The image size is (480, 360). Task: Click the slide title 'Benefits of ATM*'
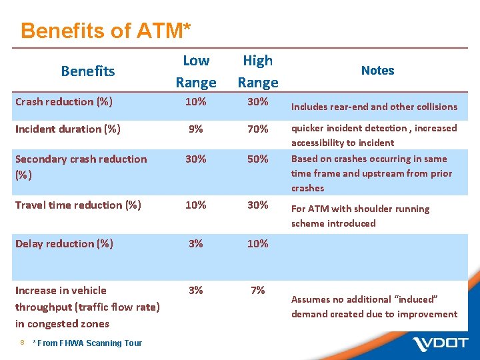pos(106,31)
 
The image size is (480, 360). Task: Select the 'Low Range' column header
pos(195,71)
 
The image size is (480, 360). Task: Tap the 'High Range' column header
pos(257,71)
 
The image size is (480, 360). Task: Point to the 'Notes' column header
pos(377,70)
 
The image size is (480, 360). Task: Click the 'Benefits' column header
pos(87,71)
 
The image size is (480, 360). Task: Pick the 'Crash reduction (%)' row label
pos(63,101)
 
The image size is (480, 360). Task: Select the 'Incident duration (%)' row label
pos(67,129)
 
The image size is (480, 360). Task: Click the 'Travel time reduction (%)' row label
pos(78,205)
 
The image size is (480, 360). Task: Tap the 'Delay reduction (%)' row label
pos(64,243)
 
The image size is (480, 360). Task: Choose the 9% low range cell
pos(195,129)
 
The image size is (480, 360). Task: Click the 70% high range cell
pos(257,129)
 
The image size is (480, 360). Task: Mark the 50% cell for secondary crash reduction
pos(257,159)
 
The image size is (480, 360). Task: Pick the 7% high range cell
pos(257,290)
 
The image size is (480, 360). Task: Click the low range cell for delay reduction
pos(195,243)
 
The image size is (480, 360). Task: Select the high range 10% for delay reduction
pos(257,243)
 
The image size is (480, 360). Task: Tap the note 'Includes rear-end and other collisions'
pos(374,107)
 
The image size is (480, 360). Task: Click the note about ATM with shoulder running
pos(360,216)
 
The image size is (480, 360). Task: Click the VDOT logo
pos(441,344)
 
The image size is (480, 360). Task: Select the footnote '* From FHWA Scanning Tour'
pos(87,343)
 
